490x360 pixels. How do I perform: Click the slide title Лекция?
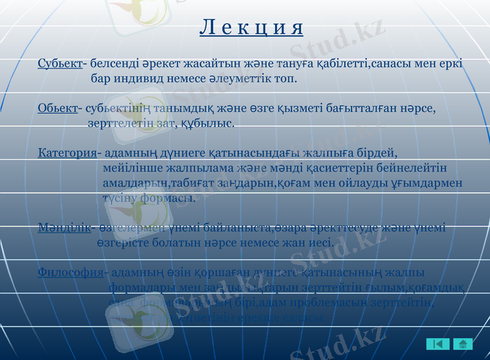point(252,28)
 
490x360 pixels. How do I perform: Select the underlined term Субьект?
point(60,63)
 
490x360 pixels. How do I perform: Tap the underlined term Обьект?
point(58,109)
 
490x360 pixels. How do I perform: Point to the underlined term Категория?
point(67,152)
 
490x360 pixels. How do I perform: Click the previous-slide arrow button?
point(438,344)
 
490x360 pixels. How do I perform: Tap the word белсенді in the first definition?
point(113,63)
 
